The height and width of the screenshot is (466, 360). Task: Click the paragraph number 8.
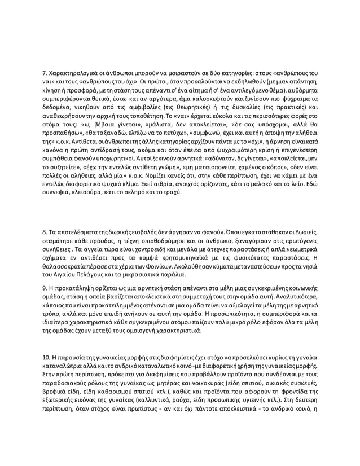(x=45, y=232)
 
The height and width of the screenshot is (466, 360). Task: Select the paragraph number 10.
(x=47, y=358)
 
